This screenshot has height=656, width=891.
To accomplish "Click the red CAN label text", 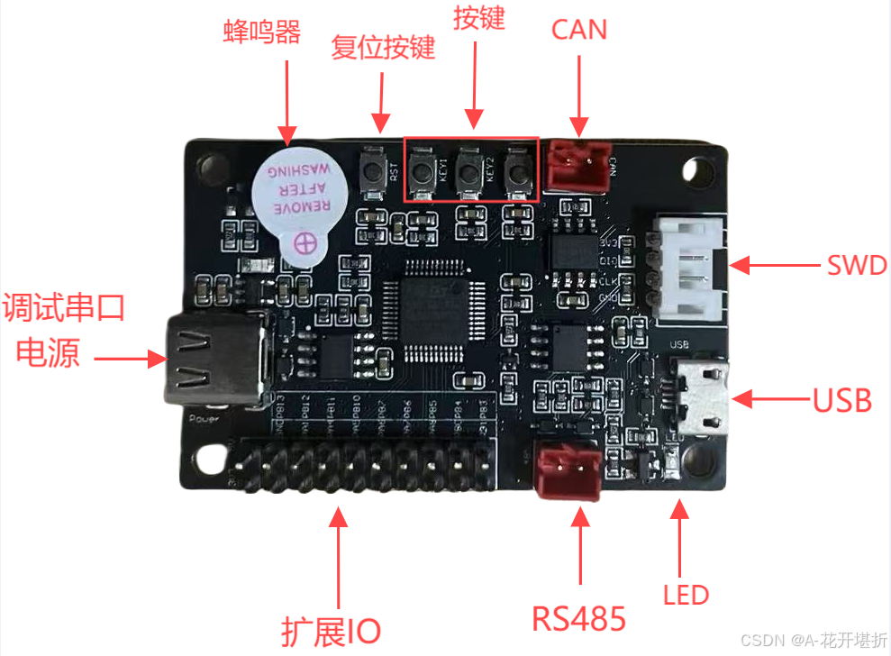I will coord(578,30).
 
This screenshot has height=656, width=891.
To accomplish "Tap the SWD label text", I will coord(857,266).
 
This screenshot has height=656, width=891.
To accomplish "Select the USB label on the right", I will coord(842,400).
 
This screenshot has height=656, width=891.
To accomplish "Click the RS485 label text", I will coord(578,619).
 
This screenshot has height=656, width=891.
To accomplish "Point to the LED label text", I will coord(686,595).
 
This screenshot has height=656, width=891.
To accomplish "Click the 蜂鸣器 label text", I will coord(261,32).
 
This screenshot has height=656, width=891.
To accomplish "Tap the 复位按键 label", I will coord(383,47).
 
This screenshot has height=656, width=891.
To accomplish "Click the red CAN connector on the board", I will coord(577,163).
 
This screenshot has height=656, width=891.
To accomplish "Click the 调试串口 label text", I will coord(63,308).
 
